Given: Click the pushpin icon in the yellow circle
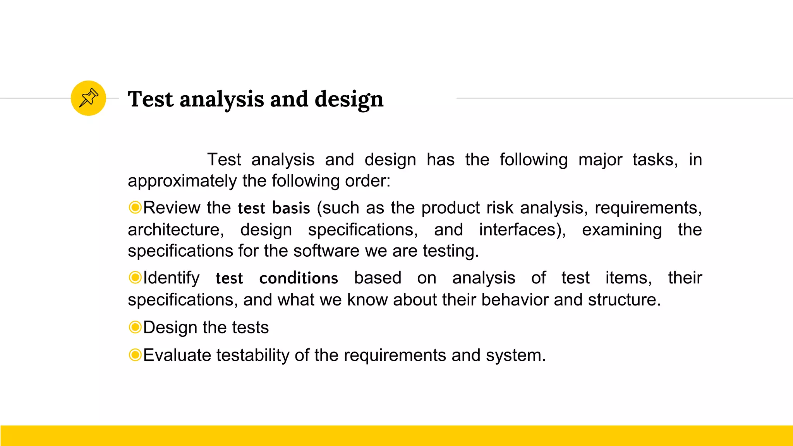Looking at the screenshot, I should (89, 98).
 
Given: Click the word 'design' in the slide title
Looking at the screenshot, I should (349, 99).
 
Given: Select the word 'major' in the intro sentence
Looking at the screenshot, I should (600, 160).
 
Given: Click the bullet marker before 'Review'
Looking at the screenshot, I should (135, 208).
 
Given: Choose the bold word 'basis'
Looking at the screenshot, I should (291, 208).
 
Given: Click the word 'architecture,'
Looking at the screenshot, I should (176, 230).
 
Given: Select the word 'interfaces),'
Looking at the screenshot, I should (522, 230).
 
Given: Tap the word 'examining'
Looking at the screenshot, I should (622, 230).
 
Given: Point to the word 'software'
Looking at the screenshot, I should (326, 251).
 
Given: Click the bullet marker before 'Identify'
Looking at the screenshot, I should (135, 278).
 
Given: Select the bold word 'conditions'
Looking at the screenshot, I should (299, 278).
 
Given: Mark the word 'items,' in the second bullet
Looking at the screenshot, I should (628, 278).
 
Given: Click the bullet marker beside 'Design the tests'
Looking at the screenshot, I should (135, 327).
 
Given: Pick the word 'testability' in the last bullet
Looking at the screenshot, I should (253, 355).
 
